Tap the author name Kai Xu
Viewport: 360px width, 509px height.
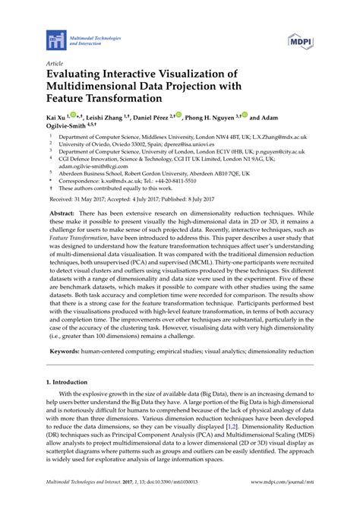point(56,119)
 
